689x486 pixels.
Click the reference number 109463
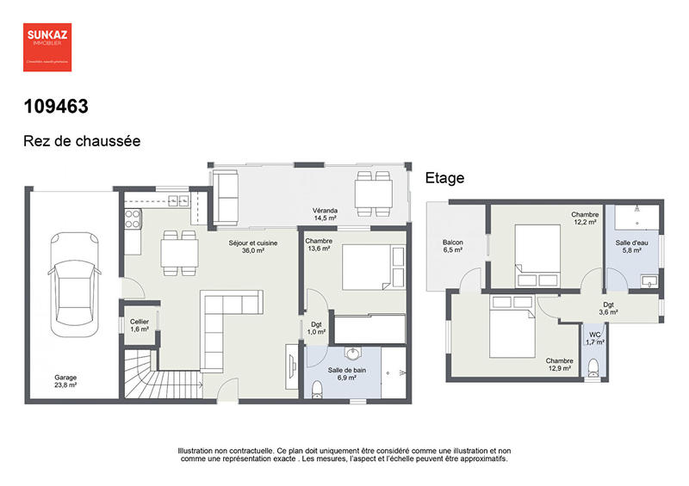pyautogui.click(x=56, y=107)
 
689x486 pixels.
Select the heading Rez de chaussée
pyautogui.click(x=82, y=141)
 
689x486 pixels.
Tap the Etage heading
pyautogui.click(x=444, y=178)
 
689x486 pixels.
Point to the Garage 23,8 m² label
pyautogui.click(x=66, y=382)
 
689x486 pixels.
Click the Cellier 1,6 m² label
pyautogui.click(x=139, y=324)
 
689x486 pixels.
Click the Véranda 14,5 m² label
pyautogui.click(x=325, y=214)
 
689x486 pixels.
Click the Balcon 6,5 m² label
pyautogui.click(x=453, y=247)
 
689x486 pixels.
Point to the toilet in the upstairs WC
pyautogui.click(x=592, y=367)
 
